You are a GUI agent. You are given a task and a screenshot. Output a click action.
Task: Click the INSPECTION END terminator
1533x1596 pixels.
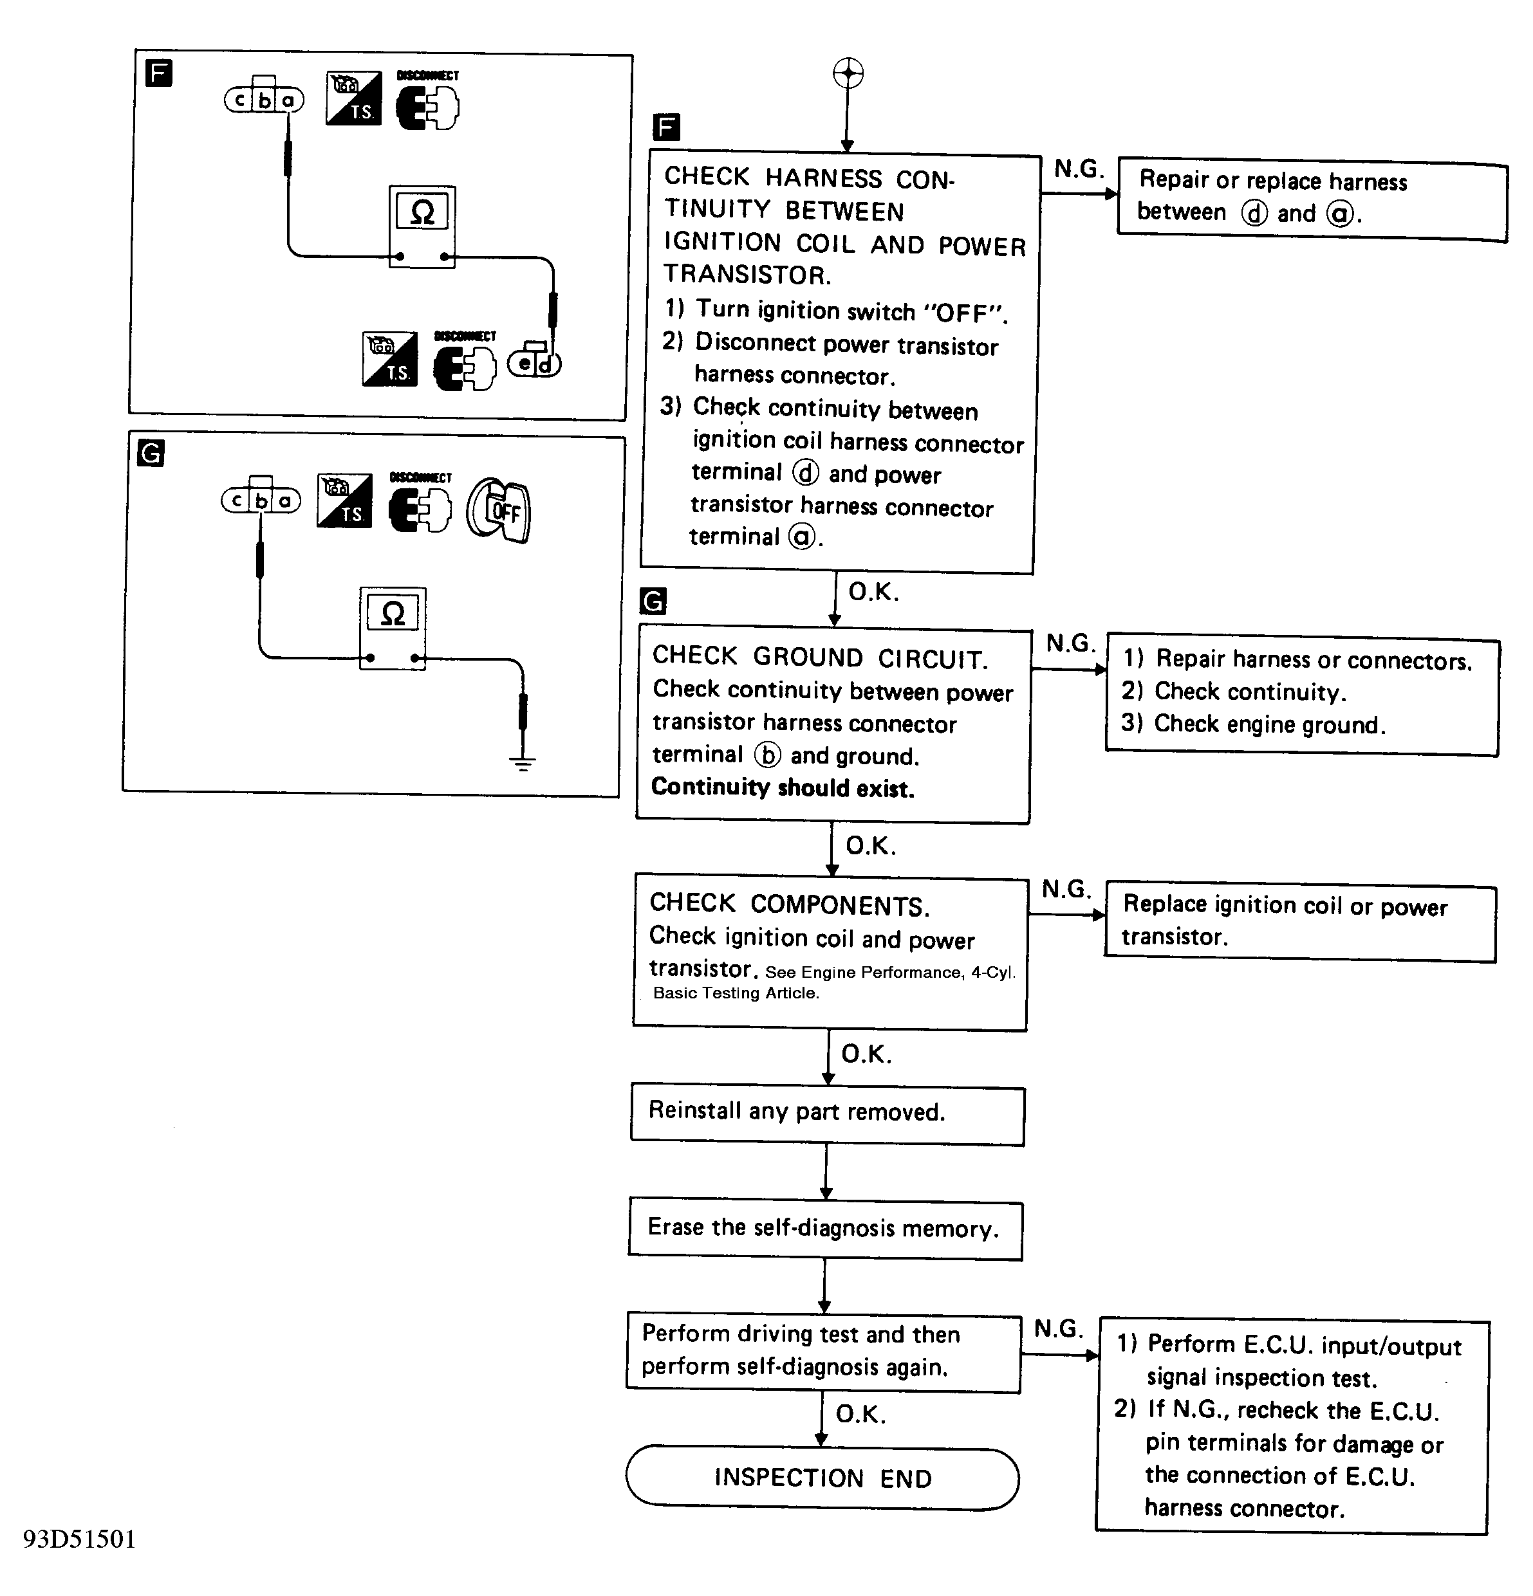822,1478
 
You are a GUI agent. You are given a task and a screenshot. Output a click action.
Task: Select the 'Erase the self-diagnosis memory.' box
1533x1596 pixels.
825,1229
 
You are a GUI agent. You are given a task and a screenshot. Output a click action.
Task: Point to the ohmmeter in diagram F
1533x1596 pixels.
422,227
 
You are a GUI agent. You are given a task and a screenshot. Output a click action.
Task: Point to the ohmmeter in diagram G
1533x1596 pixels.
393,628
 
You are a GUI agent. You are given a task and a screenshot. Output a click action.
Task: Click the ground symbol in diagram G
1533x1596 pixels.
522,763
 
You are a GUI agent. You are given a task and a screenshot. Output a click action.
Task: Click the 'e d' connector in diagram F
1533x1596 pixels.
534,362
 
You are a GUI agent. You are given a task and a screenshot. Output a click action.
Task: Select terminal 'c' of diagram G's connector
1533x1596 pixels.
236,500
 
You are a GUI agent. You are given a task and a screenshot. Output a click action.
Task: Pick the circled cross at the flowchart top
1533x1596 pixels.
848,73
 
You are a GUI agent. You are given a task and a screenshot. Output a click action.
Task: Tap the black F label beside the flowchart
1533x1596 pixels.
666,127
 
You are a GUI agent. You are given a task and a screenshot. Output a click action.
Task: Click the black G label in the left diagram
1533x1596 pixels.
151,453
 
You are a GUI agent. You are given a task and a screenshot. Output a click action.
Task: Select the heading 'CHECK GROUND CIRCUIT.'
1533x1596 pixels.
821,657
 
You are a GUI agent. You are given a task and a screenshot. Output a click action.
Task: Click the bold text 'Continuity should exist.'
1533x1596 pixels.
783,787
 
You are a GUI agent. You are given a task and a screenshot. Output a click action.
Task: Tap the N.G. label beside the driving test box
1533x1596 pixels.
1058,1328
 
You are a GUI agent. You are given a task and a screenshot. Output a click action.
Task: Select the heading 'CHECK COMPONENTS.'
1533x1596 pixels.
789,904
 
